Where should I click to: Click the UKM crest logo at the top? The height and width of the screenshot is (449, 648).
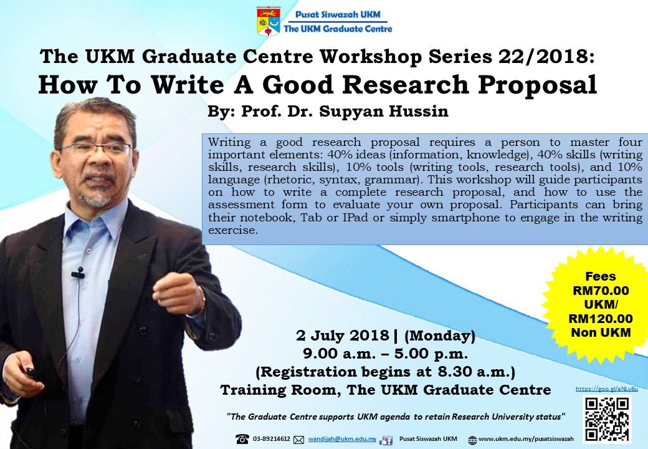click(x=268, y=21)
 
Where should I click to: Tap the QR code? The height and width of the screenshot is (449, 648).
click(x=607, y=419)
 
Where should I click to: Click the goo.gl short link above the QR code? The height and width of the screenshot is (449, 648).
click(x=607, y=389)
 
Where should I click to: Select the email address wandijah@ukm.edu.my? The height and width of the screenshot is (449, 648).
click(x=342, y=439)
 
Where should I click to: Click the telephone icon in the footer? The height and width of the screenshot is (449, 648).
click(x=242, y=439)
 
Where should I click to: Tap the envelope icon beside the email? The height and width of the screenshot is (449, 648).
click(x=298, y=440)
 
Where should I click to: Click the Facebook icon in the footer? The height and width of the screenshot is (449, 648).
click(x=386, y=440)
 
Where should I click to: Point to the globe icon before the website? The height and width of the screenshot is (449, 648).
click(x=472, y=440)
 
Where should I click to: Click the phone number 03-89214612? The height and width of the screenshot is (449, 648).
click(x=272, y=439)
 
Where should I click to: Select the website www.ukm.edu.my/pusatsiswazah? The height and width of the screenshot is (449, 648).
click(x=526, y=439)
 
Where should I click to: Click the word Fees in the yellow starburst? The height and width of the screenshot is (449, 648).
click(x=601, y=277)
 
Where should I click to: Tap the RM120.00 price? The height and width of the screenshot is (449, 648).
click(x=601, y=319)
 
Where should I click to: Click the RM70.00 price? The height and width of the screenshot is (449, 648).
click(x=601, y=291)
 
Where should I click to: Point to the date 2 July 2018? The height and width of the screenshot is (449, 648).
click(x=343, y=336)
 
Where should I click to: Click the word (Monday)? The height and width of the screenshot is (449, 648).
click(x=439, y=336)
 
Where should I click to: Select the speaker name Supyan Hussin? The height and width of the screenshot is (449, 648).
click(x=384, y=111)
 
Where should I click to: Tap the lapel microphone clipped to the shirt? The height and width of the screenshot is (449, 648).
click(x=78, y=273)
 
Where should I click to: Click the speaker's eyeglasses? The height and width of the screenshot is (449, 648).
click(x=97, y=148)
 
